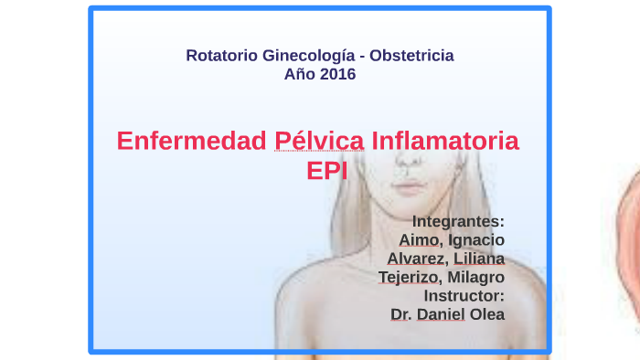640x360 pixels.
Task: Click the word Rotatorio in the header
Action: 221,56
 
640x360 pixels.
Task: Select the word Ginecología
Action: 308,56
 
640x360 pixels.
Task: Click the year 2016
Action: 337,74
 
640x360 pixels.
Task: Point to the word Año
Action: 301,74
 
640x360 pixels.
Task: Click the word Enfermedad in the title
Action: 192,142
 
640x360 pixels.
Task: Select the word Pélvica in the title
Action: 320,142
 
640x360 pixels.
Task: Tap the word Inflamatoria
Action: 445,142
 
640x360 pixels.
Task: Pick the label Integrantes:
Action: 458,221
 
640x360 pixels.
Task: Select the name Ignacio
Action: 476,239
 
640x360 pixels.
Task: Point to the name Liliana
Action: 479,259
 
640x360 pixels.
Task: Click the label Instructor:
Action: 464,296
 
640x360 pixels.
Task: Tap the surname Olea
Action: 487,314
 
